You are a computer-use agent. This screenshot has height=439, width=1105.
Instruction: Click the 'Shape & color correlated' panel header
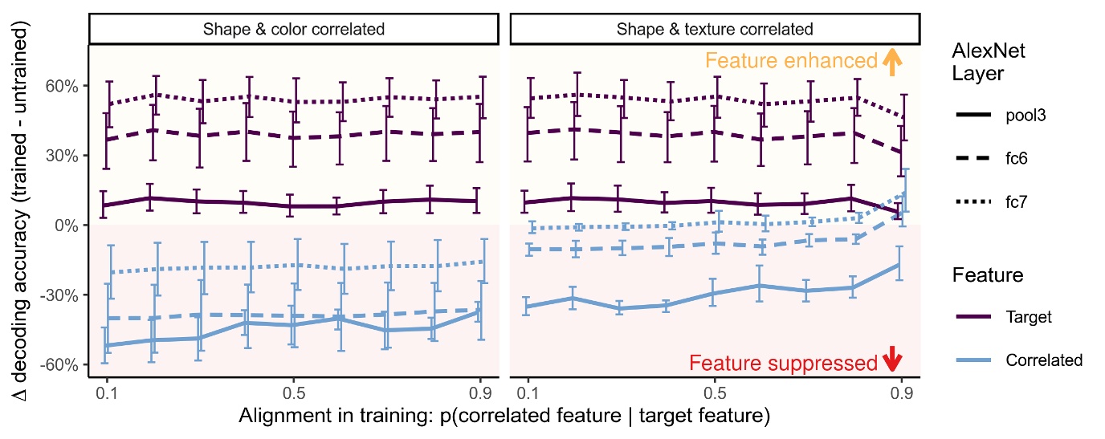click(294, 30)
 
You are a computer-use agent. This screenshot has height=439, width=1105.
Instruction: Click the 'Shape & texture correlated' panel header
click(715, 30)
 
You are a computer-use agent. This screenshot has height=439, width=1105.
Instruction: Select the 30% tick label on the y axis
click(67, 156)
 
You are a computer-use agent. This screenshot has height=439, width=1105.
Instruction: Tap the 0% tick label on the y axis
click(71, 226)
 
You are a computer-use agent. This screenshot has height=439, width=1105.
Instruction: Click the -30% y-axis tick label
click(66, 295)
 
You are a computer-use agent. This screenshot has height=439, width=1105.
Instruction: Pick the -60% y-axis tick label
click(66, 365)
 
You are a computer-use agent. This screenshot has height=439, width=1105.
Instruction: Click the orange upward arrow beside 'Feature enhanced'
click(890, 62)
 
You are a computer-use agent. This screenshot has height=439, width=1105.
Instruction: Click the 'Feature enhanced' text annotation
click(791, 61)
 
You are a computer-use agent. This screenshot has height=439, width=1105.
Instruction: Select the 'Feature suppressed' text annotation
click(783, 364)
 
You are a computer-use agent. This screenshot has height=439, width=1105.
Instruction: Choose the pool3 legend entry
click(1004, 116)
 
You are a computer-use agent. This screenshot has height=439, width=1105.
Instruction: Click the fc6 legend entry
click(1004, 159)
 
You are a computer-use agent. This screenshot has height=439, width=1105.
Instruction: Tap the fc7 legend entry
click(1004, 203)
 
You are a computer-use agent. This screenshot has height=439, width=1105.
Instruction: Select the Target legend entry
click(1004, 317)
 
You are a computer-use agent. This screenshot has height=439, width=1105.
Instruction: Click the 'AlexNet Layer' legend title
click(984, 63)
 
